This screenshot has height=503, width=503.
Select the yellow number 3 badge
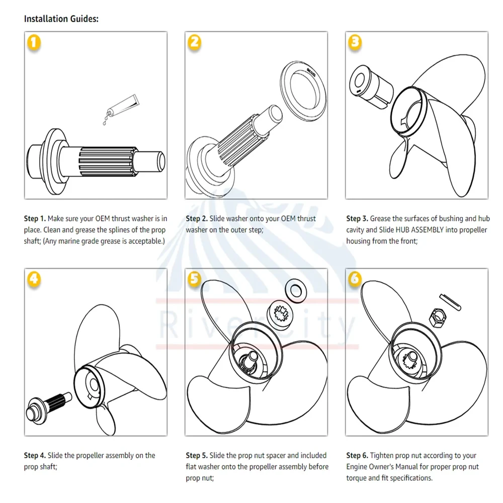pos(355,42)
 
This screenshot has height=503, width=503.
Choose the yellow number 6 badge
pos(355,279)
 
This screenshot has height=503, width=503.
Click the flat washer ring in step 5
pos(295,289)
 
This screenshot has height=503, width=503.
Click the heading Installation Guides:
pos(61,19)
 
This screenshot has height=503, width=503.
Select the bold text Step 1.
pos(35,219)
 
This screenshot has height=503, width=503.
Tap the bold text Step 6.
pos(357,456)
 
